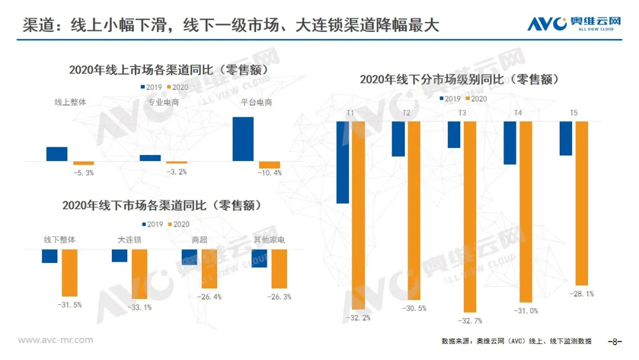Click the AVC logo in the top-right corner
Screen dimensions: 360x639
pos(575,24)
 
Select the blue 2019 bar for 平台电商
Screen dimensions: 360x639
pos(243,139)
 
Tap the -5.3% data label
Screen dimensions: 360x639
pos(84,173)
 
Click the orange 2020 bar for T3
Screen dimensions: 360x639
pos(470,216)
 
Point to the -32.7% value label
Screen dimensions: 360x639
pos(470,320)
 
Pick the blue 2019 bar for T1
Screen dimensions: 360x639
pos(343,162)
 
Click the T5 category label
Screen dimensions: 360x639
pos(573,112)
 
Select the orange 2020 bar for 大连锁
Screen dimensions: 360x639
pos(140,274)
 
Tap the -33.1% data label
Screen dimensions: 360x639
pos(140,307)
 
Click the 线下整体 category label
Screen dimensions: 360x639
pos(60,240)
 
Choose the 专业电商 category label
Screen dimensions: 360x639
pos(164,102)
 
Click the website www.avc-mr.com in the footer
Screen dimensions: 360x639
pos(56,340)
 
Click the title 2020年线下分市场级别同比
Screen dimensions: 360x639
pos(459,79)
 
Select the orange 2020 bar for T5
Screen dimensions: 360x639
pos(581,203)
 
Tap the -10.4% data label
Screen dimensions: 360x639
pos(270,173)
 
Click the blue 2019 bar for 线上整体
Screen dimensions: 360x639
pos(57,153)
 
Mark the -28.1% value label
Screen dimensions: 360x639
pos(581,294)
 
